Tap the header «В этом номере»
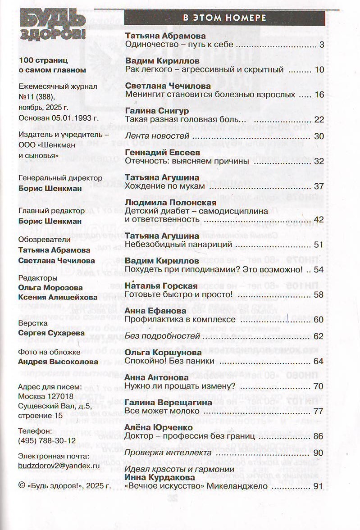224,18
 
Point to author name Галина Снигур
157,110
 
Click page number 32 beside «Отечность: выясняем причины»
319,161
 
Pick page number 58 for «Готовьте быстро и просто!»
319,294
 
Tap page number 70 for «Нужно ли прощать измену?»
319,386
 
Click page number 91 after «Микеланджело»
319,486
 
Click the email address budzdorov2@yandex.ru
59,466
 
